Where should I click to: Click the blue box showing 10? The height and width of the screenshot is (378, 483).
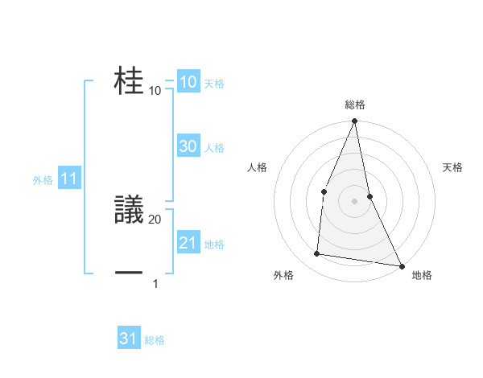(x=188, y=82)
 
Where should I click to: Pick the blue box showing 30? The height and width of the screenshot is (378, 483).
(x=188, y=146)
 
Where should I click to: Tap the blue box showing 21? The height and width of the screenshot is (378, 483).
(x=188, y=243)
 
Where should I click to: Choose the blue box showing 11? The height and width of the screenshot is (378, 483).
(x=68, y=179)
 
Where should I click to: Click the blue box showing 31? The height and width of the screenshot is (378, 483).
(x=129, y=339)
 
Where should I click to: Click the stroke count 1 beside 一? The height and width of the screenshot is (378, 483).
(x=155, y=283)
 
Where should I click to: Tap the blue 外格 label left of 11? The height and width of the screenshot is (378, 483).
(x=43, y=180)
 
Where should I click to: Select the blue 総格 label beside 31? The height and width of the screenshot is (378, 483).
(x=155, y=340)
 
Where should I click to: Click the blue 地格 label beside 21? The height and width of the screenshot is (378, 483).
(x=214, y=244)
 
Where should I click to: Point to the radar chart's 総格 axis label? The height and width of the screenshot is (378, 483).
(x=355, y=105)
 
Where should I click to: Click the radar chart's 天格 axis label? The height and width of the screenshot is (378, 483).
(x=453, y=167)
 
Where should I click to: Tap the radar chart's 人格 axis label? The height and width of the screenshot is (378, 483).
(x=258, y=167)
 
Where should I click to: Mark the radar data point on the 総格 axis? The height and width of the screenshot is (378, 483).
(x=355, y=121)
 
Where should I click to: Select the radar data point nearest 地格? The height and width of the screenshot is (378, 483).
(x=401, y=265)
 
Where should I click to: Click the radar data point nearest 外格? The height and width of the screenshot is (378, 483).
(x=317, y=254)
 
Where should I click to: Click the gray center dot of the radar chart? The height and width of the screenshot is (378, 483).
(x=355, y=201)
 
